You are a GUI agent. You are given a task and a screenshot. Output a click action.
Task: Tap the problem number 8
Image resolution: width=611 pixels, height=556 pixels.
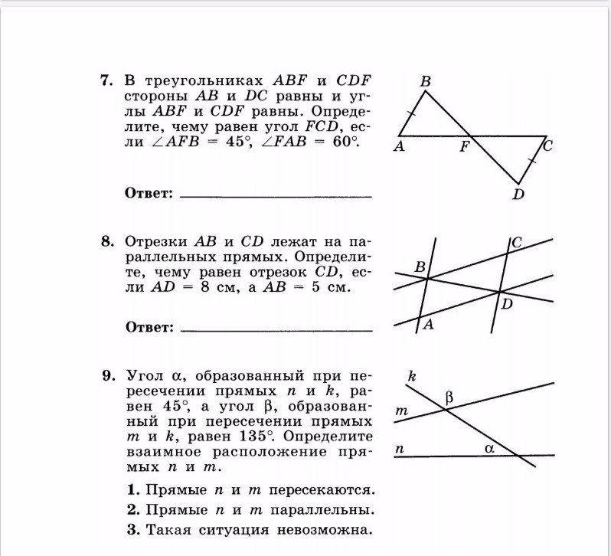tap(106, 240)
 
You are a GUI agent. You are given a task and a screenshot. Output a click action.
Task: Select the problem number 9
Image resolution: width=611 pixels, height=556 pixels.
tap(107, 376)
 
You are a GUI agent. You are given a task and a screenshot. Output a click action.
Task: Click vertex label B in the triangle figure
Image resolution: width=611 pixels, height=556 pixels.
tap(425, 80)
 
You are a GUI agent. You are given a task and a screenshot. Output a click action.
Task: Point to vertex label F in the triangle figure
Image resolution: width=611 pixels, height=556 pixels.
tap(464, 148)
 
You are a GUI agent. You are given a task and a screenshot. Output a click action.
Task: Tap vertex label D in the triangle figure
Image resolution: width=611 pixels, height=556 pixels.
tap(518, 195)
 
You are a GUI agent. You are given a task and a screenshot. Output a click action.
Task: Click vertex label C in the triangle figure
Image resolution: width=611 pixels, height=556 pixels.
tap(548, 144)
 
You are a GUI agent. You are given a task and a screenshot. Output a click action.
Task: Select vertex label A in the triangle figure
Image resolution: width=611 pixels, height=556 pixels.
tap(399, 147)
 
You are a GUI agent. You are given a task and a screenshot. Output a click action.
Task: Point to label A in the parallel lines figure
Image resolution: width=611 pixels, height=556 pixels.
tap(428, 324)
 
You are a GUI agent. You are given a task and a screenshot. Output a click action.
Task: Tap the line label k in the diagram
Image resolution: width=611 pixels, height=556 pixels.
tap(412, 375)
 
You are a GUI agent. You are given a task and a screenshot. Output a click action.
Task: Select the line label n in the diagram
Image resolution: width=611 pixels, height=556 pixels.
tap(399, 450)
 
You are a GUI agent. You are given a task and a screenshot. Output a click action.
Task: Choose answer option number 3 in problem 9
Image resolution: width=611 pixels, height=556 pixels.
tap(133, 529)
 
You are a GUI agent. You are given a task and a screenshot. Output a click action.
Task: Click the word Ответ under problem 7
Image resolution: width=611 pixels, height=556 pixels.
tap(149, 193)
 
